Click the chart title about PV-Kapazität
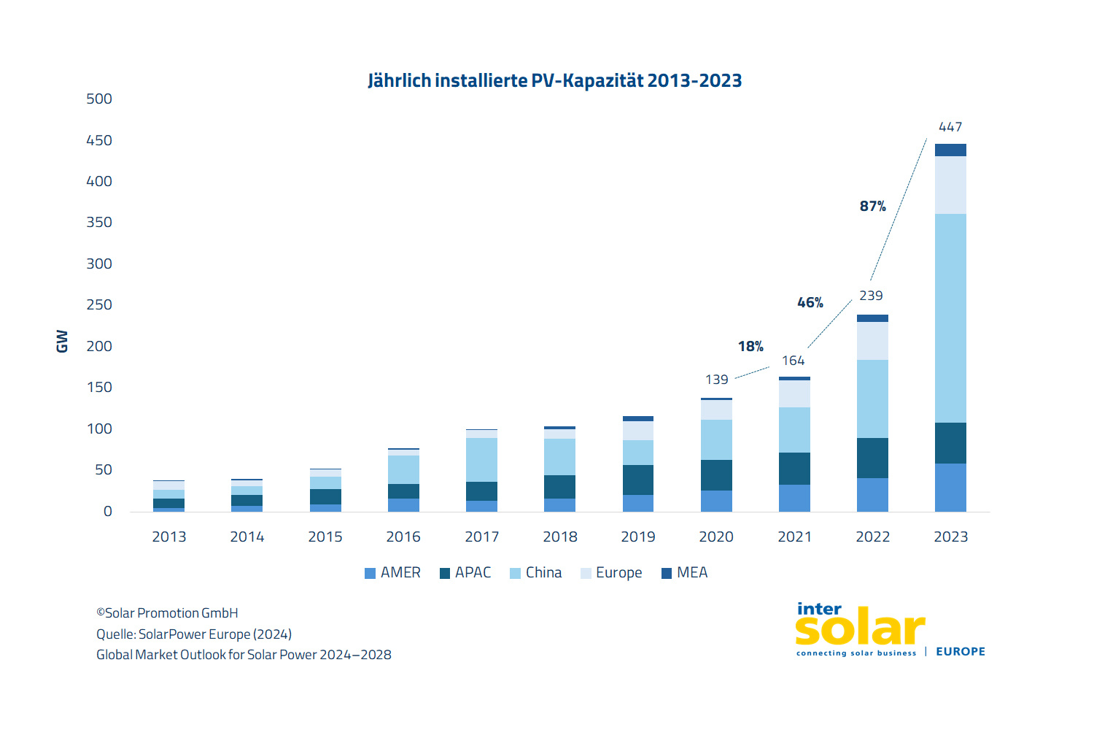554,80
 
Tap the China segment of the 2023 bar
950,318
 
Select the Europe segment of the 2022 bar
872,340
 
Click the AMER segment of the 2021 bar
794,498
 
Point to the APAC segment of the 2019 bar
637,480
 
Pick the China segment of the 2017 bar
481,459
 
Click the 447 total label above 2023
950,127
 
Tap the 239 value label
871,296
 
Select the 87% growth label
872,207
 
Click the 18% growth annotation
750,347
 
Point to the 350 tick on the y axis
99,223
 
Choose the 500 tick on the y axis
99,99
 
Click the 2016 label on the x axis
403,537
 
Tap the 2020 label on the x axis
716,537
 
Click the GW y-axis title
62,341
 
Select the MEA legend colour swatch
666,574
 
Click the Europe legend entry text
618,573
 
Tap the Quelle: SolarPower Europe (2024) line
194,634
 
